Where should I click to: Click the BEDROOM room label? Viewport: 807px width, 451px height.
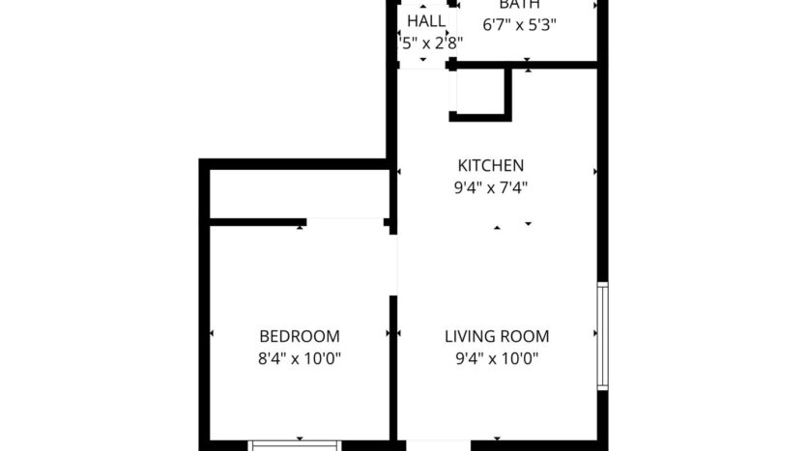(x=300, y=337)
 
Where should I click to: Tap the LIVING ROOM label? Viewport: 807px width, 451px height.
(x=497, y=337)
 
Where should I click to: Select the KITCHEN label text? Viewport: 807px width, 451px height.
(x=491, y=165)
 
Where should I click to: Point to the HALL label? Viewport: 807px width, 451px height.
(x=426, y=21)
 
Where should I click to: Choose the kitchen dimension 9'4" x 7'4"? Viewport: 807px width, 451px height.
(x=491, y=188)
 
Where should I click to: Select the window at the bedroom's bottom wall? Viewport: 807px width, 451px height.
(x=296, y=445)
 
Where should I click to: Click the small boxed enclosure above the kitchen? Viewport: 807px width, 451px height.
(x=480, y=92)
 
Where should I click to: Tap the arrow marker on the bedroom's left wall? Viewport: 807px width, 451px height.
(x=213, y=334)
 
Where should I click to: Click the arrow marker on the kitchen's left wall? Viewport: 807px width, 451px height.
(x=399, y=172)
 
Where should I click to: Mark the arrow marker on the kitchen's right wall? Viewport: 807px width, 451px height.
(x=594, y=172)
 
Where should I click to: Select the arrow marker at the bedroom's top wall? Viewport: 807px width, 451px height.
(x=302, y=228)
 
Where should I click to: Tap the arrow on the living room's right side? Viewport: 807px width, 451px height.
(x=593, y=334)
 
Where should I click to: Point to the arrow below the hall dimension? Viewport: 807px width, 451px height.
(x=422, y=61)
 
